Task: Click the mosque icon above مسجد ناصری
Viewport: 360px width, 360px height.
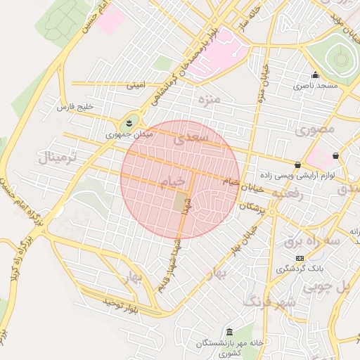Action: coord(315,75)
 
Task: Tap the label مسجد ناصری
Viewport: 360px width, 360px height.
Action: coord(316,85)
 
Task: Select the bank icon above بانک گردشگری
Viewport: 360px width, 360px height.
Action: coord(300,258)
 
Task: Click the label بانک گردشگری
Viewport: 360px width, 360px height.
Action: coord(299,268)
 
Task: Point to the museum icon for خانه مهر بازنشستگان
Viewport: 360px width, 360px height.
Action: coord(229,332)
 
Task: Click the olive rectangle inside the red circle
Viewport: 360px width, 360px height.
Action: coord(181,204)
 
